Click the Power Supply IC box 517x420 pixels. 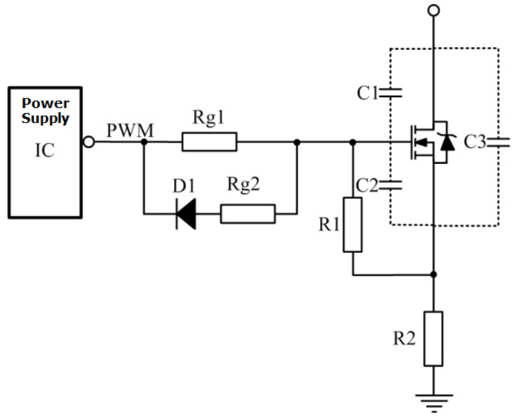(x=45, y=152)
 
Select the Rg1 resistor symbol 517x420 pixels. (x=209, y=142)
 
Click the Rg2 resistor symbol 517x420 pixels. (x=248, y=214)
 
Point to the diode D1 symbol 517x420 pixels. (x=185, y=214)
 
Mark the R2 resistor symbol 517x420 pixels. (x=433, y=338)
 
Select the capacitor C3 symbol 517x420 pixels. (x=498, y=141)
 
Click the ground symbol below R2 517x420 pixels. (x=433, y=399)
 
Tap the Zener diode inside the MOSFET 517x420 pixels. (x=448, y=141)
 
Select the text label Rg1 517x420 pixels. (x=209, y=118)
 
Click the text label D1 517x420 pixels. (x=183, y=186)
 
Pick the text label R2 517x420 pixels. (x=403, y=339)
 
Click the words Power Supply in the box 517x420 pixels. (x=45, y=111)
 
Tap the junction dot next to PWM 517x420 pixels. (x=144, y=142)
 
